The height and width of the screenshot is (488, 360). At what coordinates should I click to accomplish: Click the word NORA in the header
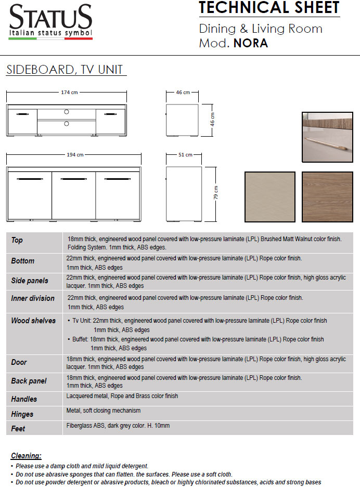tap(251, 44)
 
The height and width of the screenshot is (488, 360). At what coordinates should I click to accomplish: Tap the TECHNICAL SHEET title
tap(269, 8)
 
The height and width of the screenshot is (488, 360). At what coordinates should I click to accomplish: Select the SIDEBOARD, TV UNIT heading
tap(64, 70)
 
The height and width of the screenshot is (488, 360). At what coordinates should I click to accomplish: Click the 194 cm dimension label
tap(75, 155)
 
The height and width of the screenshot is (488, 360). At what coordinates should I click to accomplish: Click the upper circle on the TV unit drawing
tap(66, 112)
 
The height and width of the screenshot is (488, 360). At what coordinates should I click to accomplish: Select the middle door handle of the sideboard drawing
tap(73, 179)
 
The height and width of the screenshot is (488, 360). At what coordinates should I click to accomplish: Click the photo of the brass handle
tap(327, 137)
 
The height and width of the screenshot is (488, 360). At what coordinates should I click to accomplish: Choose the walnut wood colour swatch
tap(327, 197)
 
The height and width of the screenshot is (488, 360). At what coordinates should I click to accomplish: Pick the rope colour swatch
tap(269, 197)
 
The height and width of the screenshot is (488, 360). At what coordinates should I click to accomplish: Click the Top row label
tap(17, 240)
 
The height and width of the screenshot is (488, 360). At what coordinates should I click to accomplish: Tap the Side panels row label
tap(30, 281)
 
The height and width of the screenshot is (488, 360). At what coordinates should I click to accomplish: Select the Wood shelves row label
tap(33, 321)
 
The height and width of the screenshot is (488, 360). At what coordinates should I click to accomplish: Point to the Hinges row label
tap(22, 414)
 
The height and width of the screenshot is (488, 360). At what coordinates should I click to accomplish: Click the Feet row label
tap(18, 429)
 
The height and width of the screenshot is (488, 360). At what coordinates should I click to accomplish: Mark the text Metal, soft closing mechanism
tap(104, 411)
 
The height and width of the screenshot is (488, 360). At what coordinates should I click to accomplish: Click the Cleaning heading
tap(26, 456)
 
